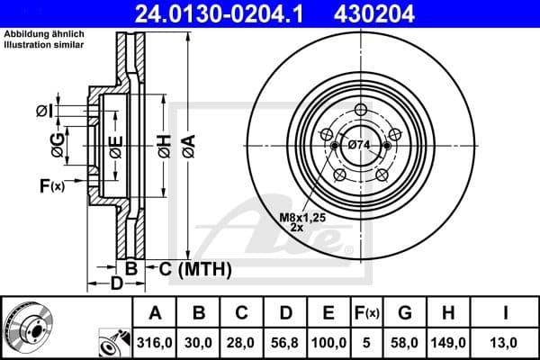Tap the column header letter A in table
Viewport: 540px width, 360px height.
[x=155, y=313]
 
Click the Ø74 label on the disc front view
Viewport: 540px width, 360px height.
[x=358, y=145]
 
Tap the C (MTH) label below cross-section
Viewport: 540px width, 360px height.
[x=190, y=268]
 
